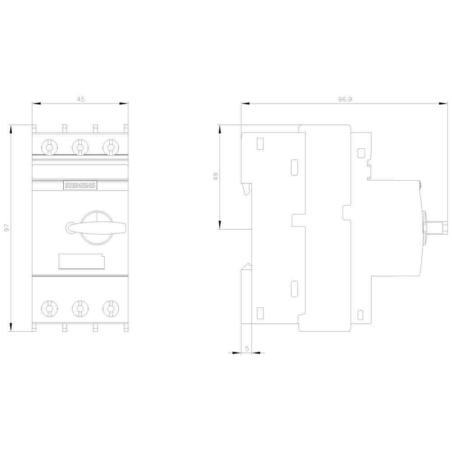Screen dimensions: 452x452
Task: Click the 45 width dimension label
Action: click(x=80, y=99)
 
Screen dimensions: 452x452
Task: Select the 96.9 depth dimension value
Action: click(x=344, y=99)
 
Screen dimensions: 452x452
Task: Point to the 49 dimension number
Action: click(x=216, y=176)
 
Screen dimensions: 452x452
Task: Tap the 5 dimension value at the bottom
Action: click(x=246, y=348)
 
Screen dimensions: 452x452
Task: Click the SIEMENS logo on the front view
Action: click(x=80, y=185)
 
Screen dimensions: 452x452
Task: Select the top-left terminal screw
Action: click(x=49, y=146)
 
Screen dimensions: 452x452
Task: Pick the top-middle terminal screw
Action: click(x=80, y=146)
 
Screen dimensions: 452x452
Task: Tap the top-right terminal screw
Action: click(x=110, y=146)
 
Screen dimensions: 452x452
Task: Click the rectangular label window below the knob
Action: click(x=82, y=262)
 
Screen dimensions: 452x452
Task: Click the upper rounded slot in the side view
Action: click(x=294, y=166)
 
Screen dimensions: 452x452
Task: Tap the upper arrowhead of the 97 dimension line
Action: click(x=11, y=129)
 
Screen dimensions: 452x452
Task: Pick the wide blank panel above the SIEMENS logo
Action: click(x=80, y=171)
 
